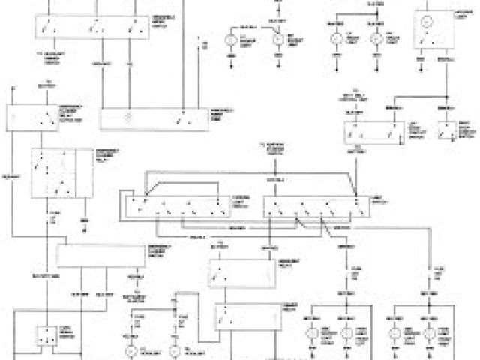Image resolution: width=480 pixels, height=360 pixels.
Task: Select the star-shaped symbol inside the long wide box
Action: tap(127, 118)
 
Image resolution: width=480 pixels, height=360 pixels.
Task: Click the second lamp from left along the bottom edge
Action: tap(175, 349)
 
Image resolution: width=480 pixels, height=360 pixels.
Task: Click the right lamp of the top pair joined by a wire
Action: tap(377, 37)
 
